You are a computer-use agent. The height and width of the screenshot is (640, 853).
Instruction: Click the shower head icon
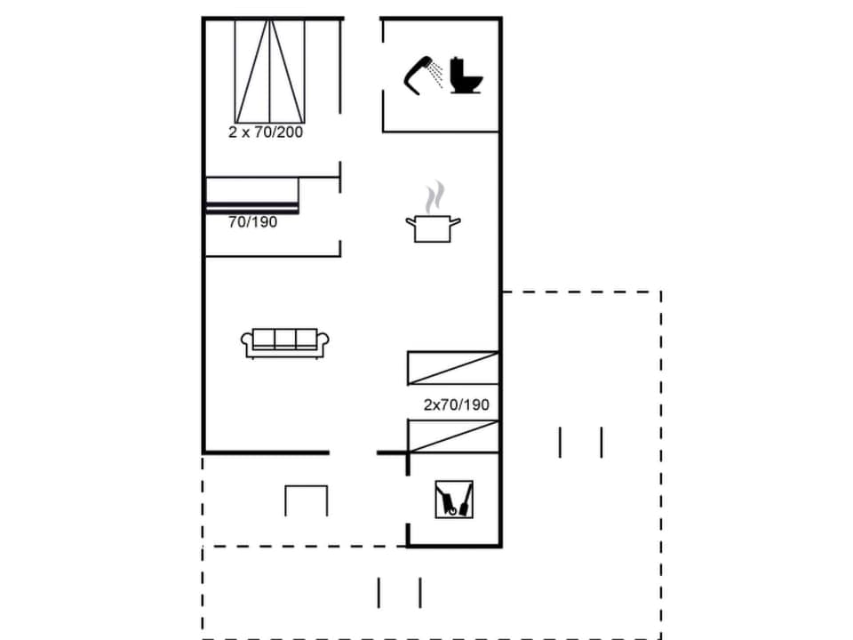pyautogui.click(x=424, y=74)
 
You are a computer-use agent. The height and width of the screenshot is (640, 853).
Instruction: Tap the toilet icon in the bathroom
pyautogui.click(x=466, y=76)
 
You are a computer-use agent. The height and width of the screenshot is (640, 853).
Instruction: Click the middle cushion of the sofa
pyautogui.click(x=284, y=339)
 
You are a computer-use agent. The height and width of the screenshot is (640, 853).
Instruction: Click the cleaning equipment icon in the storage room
pyautogui.click(x=454, y=500)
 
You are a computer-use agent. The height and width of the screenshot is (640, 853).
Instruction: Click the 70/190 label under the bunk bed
pyautogui.click(x=252, y=222)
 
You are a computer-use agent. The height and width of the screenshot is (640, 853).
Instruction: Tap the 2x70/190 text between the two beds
pyautogui.click(x=456, y=404)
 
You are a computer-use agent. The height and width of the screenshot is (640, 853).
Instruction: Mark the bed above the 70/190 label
pyautogui.click(x=252, y=195)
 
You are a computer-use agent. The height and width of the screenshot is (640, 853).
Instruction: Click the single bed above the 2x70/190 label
pyautogui.click(x=453, y=367)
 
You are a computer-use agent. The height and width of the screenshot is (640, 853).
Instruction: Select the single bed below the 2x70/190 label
pyautogui.click(x=453, y=436)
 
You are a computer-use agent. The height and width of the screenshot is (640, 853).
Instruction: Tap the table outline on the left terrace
pyautogui.click(x=307, y=500)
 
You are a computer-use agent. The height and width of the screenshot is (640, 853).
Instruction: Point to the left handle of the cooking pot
pyautogui.click(x=411, y=220)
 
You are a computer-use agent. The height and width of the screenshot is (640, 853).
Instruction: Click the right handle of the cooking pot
pyautogui.click(x=456, y=220)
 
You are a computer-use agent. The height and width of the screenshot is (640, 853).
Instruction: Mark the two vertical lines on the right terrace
pyautogui.click(x=580, y=442)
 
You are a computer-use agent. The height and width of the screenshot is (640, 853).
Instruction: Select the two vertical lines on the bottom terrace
pyautogui.click(x=399, y=592)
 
